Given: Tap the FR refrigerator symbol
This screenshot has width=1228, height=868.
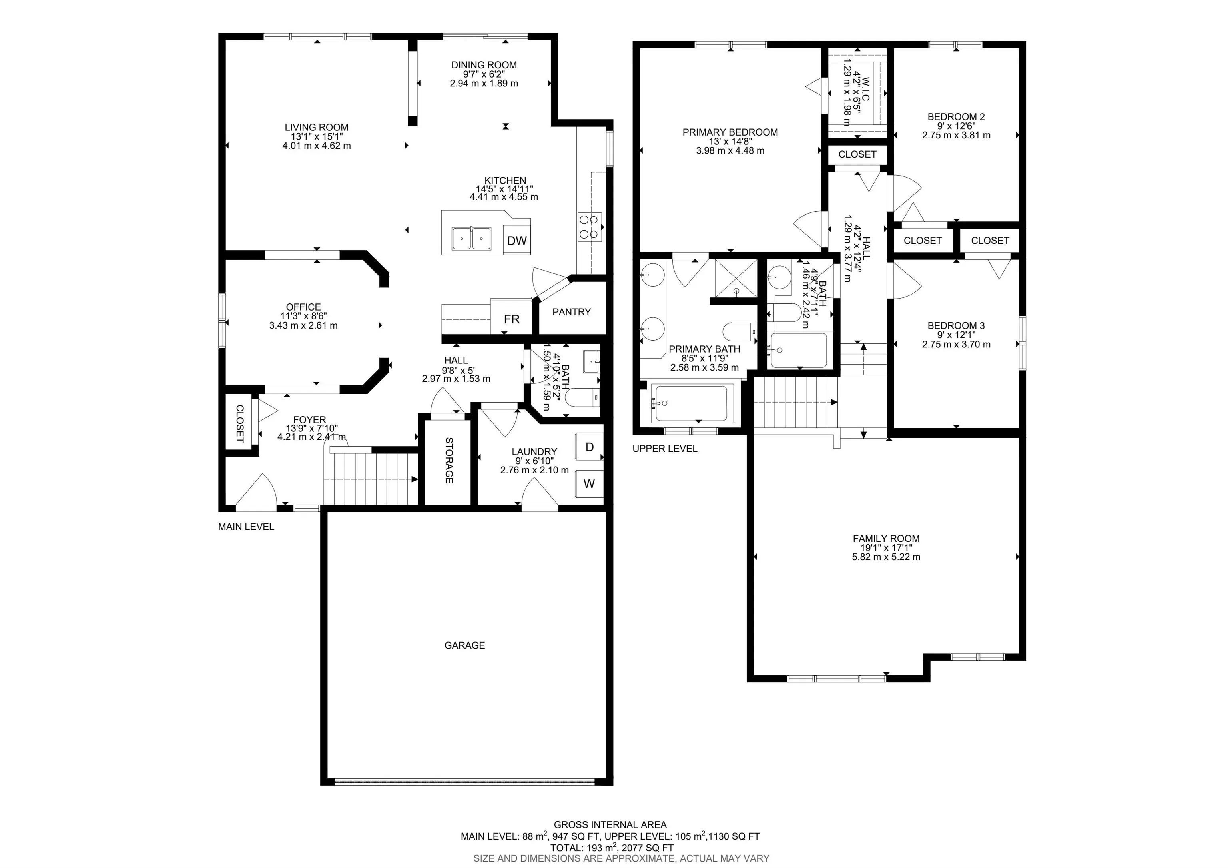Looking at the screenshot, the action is click(511, 319).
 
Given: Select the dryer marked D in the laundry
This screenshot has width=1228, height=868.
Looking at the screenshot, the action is click(589, 447).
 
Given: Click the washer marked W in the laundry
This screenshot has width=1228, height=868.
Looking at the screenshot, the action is click(589, 483).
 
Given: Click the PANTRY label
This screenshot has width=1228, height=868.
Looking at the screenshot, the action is click(571, 312).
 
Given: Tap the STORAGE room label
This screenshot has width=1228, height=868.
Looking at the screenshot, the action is click(449, 461).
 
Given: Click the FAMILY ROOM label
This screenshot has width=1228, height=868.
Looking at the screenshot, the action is click(886, 539).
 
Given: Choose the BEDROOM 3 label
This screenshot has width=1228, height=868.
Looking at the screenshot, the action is click(956, 326).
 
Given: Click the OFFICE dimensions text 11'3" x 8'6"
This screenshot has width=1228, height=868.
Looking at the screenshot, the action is click(303, 316).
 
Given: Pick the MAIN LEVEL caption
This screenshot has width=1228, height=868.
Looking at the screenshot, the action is click(246, 527).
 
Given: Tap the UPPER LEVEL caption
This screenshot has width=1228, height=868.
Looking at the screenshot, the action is click(665, 449).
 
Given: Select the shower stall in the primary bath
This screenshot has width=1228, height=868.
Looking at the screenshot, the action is click(736, 277).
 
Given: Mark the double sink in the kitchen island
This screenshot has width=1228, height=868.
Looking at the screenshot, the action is click(471, 239).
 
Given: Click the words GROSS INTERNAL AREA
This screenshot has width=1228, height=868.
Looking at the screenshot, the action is click(610, 825).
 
